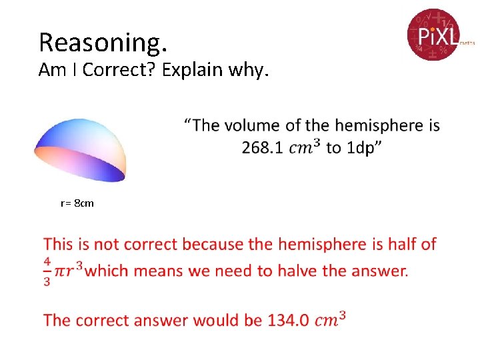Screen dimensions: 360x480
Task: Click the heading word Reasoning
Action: pyautogui.click(x=102, y=42)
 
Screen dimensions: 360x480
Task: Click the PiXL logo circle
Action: pyautogui.click(x=434, y=34)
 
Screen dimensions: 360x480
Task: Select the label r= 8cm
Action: pyautogui.click(x=77, y=203)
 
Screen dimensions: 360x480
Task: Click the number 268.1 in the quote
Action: pyautogui.click(x=264, y=147)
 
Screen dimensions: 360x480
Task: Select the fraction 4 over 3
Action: pyautogui.click(x=47, y=271)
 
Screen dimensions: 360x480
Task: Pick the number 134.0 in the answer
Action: pyautogui.click(x=288, y=320)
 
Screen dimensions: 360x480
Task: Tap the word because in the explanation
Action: pyautogui.click(x=213, y=244)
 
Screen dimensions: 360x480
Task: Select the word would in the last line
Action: pyautogui.click(x=219, y=320)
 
